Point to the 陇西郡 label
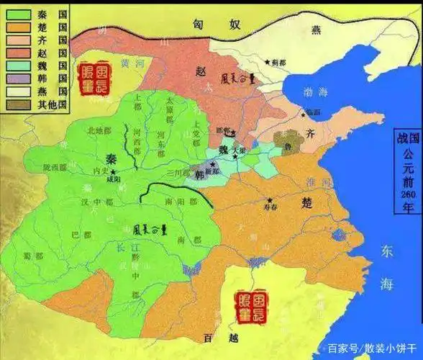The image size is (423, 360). pos(54,167)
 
